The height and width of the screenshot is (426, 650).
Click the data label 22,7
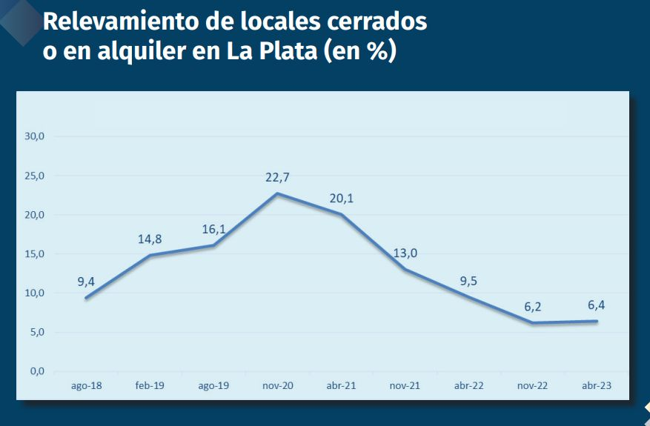point(277,178)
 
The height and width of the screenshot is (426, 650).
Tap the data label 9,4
point(87,282)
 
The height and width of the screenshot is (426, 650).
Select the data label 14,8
point(150,239)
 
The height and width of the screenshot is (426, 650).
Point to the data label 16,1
point(213,229)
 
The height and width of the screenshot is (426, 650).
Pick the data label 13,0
point(405,253)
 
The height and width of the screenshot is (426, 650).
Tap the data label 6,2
point(532,307)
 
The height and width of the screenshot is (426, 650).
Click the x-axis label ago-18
point(87,386)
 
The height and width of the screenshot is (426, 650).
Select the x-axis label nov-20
point(277,386)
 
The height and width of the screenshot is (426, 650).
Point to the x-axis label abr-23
point(596,386)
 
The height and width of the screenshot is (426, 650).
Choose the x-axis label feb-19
point(150,386)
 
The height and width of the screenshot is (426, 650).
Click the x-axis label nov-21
point(405,386)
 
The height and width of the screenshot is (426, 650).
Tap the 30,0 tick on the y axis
point(35,136)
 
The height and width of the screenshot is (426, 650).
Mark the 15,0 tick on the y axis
point(35,254)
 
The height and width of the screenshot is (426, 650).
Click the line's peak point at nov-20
point(277,194)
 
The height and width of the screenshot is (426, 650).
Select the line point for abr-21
point(341,214)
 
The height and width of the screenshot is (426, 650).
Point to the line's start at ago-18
point(87,298)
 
